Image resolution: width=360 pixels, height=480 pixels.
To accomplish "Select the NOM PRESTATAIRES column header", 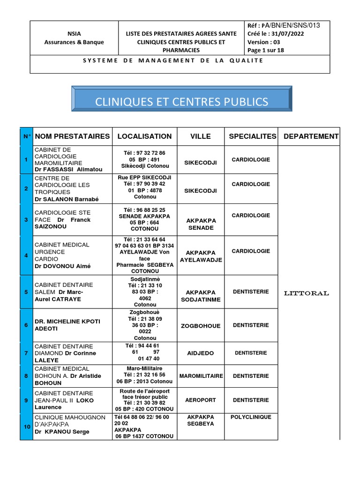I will point(72,136).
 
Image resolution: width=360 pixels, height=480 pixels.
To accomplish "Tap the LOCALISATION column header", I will point(144,136).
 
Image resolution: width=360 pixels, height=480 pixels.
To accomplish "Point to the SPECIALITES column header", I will point(252,136).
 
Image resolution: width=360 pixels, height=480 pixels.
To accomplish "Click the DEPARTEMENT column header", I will point(311,136).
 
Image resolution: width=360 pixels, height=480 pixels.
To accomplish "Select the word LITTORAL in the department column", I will point(307,293).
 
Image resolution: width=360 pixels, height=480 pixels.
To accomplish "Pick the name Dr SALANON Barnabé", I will point(67,199).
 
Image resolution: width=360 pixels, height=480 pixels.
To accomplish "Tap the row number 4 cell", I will point(26,256).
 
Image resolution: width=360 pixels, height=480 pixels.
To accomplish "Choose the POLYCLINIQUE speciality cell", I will point(251,417).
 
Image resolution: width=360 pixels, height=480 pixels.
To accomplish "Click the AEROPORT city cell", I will point(201,400).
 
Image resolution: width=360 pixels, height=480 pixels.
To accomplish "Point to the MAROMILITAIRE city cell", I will point(201,376).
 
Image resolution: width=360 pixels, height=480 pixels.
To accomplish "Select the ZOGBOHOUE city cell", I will point(201,326).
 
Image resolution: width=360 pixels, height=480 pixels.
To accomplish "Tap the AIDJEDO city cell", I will point(201,352).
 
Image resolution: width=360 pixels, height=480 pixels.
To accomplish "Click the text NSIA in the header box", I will point(74,34).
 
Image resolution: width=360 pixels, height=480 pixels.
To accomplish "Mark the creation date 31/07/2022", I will point(287,34).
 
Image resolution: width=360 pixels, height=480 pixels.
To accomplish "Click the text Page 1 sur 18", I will point(265,50).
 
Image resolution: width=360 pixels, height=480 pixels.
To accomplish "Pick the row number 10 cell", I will point(26,427).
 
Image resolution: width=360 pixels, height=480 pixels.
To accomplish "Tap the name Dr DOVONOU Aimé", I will point(62,266).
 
